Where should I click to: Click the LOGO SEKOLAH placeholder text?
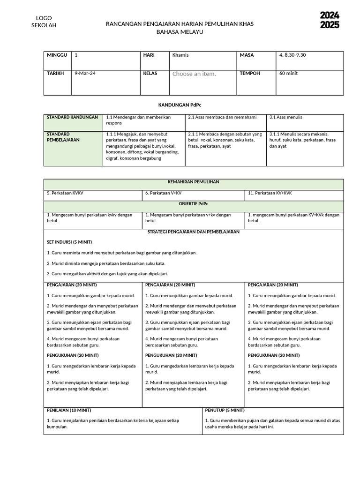click(44, 22)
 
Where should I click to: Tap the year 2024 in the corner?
click(330, 15)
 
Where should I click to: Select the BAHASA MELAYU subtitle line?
click(180, 32)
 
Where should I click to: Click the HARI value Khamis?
click(180, 55)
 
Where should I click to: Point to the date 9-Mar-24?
click(85, 74)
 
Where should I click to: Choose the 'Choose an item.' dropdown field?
click(194, 74)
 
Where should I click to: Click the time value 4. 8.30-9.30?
click(292, 55)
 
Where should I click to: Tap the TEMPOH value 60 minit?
click(288, 74)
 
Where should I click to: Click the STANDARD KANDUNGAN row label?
click(72, 117)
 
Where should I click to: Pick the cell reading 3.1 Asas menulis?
click(285, 117)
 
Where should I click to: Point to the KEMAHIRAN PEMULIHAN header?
click(194, 182)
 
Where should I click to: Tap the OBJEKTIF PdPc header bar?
click(194, 204)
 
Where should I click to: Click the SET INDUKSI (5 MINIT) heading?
click(69, 242)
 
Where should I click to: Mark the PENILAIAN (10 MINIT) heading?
click(69, 410)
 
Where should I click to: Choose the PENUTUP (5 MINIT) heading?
click(225, 410)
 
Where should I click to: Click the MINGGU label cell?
click(57, 55)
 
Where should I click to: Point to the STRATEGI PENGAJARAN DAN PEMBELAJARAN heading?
click(194, 232)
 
